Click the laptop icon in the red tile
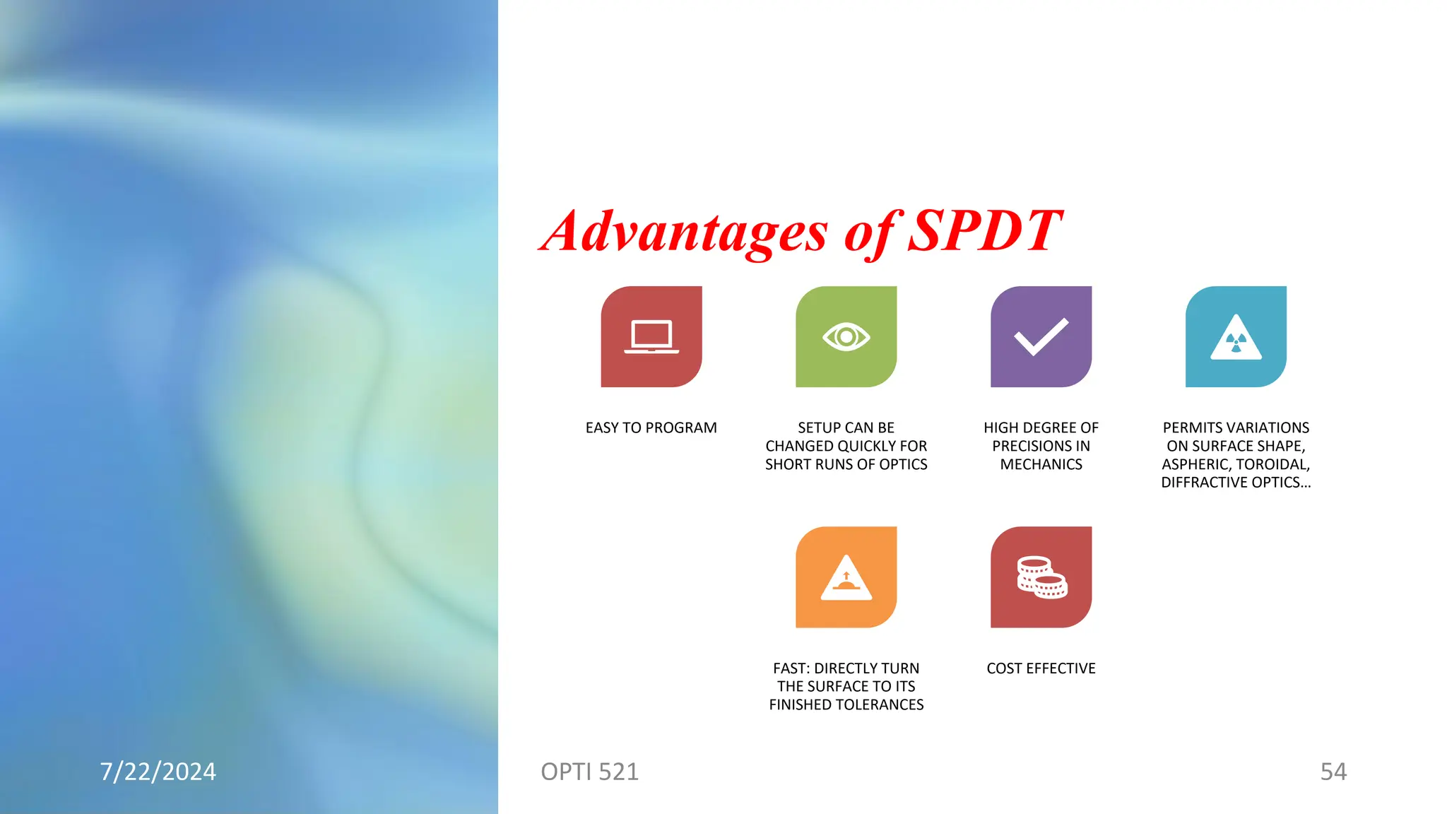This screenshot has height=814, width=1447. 651,337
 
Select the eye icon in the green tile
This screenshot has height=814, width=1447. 846,337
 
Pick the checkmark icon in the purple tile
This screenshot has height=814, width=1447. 1041,337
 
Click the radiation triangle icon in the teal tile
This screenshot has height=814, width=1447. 1236,339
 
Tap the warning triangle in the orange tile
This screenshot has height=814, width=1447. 846,579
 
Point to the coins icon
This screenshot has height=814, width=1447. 1041,577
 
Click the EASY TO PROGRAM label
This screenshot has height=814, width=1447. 651,428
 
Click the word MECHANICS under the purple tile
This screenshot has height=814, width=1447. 1041,465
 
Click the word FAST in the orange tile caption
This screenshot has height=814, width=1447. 791,668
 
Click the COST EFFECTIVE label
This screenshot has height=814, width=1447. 1041,668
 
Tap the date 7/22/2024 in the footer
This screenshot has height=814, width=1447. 158,772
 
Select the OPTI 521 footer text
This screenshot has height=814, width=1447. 589,772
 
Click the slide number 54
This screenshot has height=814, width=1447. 1333,772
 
